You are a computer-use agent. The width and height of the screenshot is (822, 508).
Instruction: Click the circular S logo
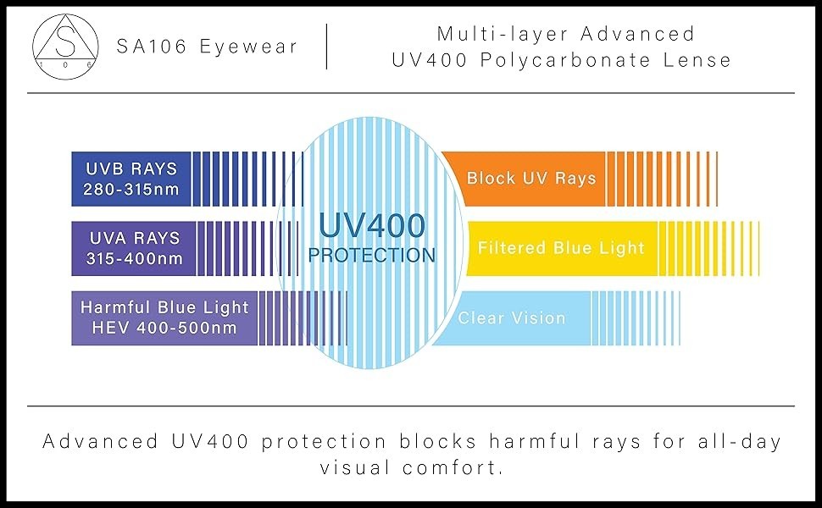click(x=65, y=47)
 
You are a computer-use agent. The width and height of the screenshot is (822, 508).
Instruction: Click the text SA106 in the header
click(x=152, y=47)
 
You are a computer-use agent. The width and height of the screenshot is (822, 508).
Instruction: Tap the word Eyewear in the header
click(x=248, y=47)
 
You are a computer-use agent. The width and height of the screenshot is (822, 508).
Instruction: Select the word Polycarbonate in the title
click(x=565, y=61)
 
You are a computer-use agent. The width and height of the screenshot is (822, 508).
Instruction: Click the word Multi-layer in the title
click(x=503, y=35)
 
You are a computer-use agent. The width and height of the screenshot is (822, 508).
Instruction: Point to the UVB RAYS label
click(x=131, y=168)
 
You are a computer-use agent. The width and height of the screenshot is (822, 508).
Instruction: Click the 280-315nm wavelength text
click(x=131, y=189)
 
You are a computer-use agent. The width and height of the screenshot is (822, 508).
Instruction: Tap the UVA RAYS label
click(x=135, y=238)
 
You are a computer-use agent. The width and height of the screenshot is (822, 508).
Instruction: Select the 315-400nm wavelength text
click(x=135, y=258)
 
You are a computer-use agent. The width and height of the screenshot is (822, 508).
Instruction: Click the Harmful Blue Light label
click(x=164, y=306)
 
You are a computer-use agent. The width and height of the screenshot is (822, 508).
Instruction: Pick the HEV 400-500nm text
click(x=164, y=328)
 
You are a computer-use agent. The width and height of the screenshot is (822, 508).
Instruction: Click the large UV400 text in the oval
click(x=372, y=226)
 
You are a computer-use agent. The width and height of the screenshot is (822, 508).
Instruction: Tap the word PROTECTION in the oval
click(x=372, y=255)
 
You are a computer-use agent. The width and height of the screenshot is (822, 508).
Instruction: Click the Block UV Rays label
click(x=531, y=178)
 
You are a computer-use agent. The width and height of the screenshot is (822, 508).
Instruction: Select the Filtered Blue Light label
click(x=561, y=247)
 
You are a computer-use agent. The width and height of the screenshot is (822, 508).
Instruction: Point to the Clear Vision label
click(x=512, y=317)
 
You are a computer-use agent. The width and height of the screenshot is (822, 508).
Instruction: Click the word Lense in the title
click(x=697, y=60)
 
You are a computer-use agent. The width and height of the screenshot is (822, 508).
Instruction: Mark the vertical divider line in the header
click(x=326, y=47)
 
